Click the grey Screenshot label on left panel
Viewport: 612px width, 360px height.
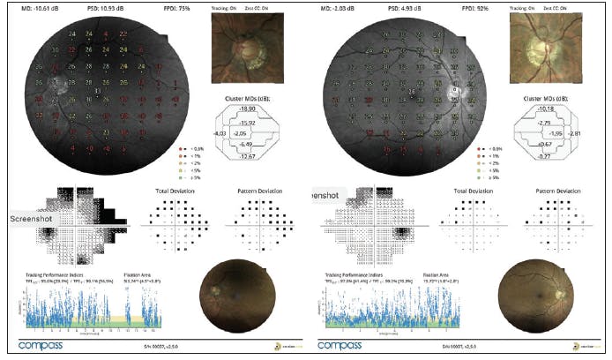pos(34,216)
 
